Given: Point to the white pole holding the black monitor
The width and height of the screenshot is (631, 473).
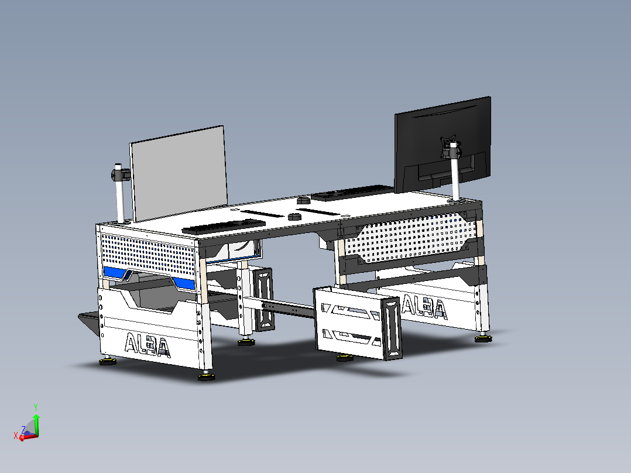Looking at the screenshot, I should [455, 179].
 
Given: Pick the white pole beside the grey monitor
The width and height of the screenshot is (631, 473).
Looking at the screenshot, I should [121, 202].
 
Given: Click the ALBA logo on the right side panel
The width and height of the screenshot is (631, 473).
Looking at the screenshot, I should [424, 307].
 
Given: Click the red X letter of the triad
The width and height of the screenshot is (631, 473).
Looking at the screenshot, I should [16, 435].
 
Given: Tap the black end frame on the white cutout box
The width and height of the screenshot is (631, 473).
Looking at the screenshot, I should [392, 327].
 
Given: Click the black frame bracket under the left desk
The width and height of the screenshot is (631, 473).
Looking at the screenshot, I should [263, 299].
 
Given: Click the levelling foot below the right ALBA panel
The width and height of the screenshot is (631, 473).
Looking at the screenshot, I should [482, 338].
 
